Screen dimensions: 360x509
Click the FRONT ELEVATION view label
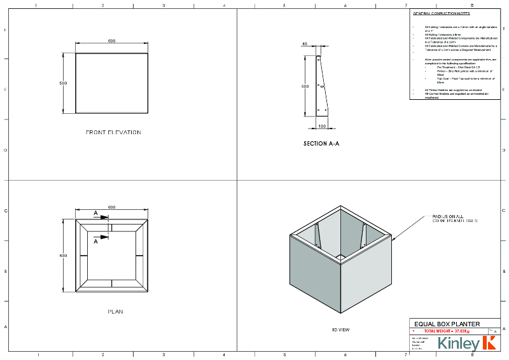click(x=113, y=132)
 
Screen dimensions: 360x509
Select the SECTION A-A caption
click(x=321, y=144)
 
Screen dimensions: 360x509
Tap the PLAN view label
click(x=115, y=312)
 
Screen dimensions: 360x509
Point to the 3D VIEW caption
click(x=341, y=329)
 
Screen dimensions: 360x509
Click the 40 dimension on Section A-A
click(x=305, y=44)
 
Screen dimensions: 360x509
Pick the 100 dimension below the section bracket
click(x=322, y=126)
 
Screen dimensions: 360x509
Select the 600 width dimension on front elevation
click(x=111, y=41)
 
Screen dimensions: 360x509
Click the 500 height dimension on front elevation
click(x=63, y=83)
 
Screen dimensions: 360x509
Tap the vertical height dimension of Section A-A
click(x=305, y=86)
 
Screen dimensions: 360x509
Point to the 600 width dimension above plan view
click(x=111, y=207)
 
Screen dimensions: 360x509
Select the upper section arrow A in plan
click(x=96, y=214)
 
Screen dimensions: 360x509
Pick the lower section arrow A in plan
click(x=96, y=241)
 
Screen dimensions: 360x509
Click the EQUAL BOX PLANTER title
click(x=447, y=324)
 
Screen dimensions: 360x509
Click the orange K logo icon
click(x=489, y=343)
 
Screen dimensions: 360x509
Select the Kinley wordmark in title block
click(x=459, y=344)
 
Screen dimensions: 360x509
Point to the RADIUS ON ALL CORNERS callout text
click(x=450, y=218)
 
